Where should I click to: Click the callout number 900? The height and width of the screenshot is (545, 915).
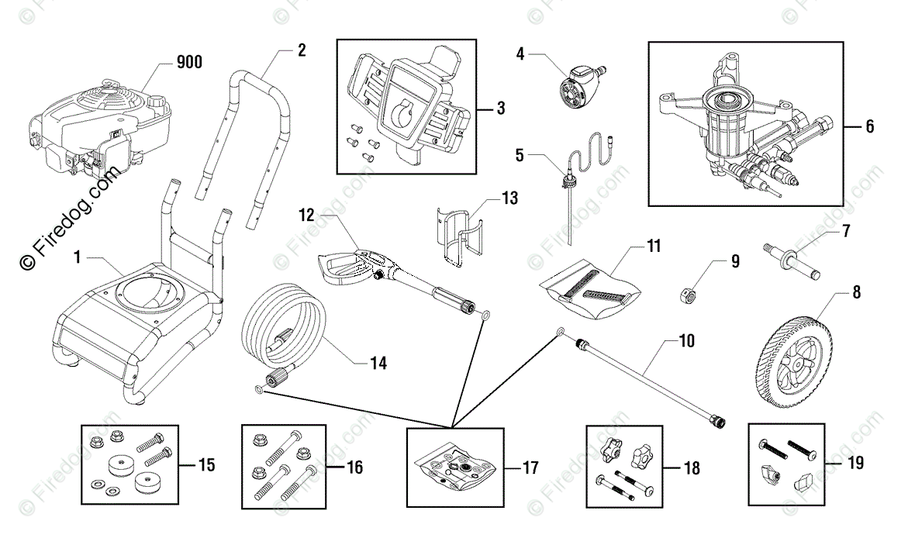point(189,63)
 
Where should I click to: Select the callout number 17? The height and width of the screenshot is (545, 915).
point(530,467)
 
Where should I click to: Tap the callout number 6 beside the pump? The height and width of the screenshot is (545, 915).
point(869,126)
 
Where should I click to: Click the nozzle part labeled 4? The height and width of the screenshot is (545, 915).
point(578,80)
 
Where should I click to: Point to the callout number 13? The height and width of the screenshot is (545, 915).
point(509,198)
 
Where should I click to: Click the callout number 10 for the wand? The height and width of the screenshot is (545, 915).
point(686,340)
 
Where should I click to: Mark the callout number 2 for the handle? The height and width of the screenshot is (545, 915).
point(301,51)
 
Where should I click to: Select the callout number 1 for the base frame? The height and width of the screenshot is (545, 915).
point(78,257)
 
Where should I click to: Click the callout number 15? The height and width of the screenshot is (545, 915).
point(206,465)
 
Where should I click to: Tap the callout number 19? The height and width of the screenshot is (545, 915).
point(855,464)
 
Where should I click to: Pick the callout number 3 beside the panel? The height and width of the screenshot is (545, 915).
point(500,108)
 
